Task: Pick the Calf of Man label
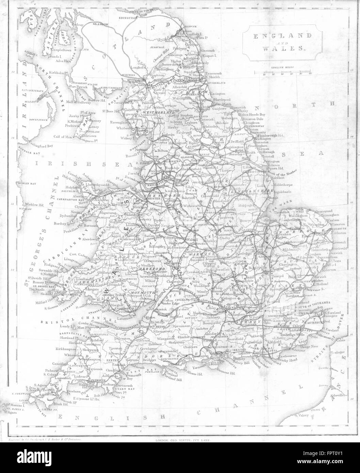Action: [64, 136]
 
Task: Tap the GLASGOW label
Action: [100, 25]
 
